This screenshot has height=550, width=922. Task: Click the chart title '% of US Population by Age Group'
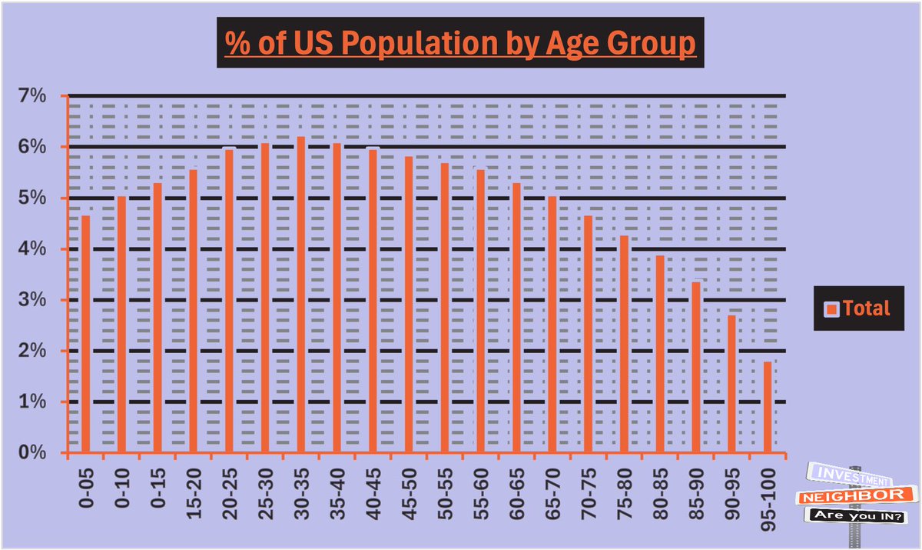click(460, 42)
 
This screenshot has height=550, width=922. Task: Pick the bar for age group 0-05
click(85, 334)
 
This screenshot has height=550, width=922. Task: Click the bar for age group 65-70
click(552, 324)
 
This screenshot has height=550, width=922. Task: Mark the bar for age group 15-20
click(193, 311)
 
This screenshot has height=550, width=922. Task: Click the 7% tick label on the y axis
click(36, 96)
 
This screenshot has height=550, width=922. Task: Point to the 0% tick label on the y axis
click(36, 453)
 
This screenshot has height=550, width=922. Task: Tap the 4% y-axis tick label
click(36, 249)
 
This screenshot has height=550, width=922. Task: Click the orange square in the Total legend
click(831, 309)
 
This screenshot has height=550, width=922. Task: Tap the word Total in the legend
click(866, 308)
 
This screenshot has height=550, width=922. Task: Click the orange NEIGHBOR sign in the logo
click(856, 497)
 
